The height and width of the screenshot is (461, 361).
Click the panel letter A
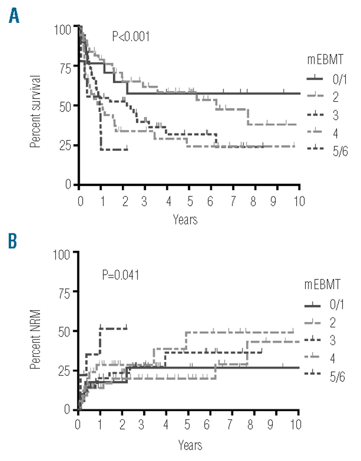[14, 16]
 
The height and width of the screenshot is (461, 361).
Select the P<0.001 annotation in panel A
[131, 36]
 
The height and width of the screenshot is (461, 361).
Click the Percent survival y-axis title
[35, 112]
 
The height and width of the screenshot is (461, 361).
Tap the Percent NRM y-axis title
[35, 339]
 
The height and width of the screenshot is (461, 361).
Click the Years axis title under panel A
[185, 219]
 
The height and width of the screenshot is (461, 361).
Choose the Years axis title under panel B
[190, 445]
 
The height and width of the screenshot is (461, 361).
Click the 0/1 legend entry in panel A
[339, 79]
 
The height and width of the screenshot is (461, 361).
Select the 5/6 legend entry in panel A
[340, 151]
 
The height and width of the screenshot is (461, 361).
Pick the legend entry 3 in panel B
[333, 340]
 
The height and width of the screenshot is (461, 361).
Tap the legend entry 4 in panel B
[333, 358]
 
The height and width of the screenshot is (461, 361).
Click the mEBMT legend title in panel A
[325, 59]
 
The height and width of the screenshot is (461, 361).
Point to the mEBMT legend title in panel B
[322, 285]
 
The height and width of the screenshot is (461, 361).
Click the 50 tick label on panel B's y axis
[65, 332]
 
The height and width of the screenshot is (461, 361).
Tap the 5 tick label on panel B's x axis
[187, 425]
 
